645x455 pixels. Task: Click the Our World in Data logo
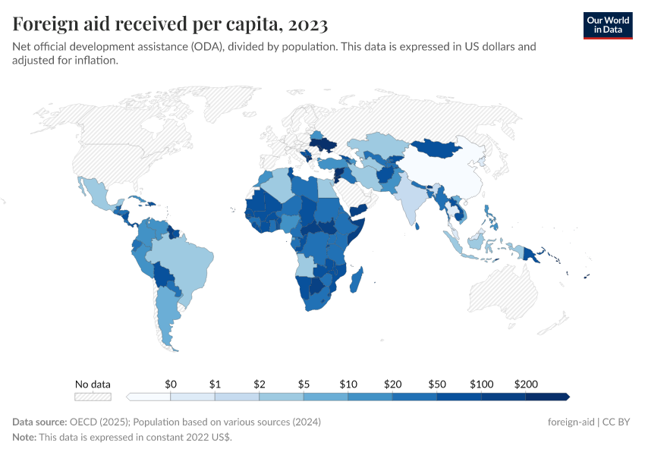point(607,25)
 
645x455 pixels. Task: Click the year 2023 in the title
point(307,24)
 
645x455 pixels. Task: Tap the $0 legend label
point(171,384)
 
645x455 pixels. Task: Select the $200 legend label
point(525,384)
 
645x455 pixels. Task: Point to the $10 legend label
point(348,384)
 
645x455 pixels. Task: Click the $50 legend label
point(436,384)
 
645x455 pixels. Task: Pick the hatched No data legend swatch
point(93,397)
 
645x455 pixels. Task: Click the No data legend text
point(93,384)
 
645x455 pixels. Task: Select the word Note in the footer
point(24,438)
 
